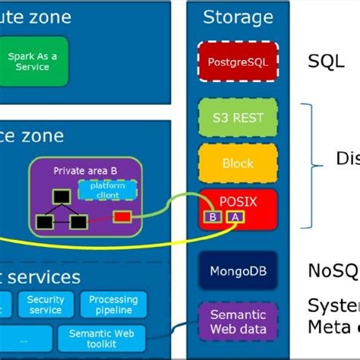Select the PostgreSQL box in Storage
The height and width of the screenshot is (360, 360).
[x=238, y=62]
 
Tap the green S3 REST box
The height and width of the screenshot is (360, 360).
[x=238, y=118]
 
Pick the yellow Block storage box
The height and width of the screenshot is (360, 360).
[x=238, y=162]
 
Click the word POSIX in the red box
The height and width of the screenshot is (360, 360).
[x=238, y=201]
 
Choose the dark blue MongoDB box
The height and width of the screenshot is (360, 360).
[x=238, y=270]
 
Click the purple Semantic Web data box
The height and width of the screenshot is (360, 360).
[x=238, y=321]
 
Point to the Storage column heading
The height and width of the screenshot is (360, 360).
[x=238, y=17]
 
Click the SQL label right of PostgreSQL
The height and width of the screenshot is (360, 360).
[x=325, y=62]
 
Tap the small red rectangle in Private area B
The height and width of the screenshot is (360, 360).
[x=122, y=217]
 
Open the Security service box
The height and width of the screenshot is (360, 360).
[x=46, y=305]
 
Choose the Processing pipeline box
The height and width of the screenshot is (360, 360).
[x=113, y=305]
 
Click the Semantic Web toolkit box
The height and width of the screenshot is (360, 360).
[x=100, y=339]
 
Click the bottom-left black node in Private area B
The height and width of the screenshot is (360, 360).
[x=43, y=222]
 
